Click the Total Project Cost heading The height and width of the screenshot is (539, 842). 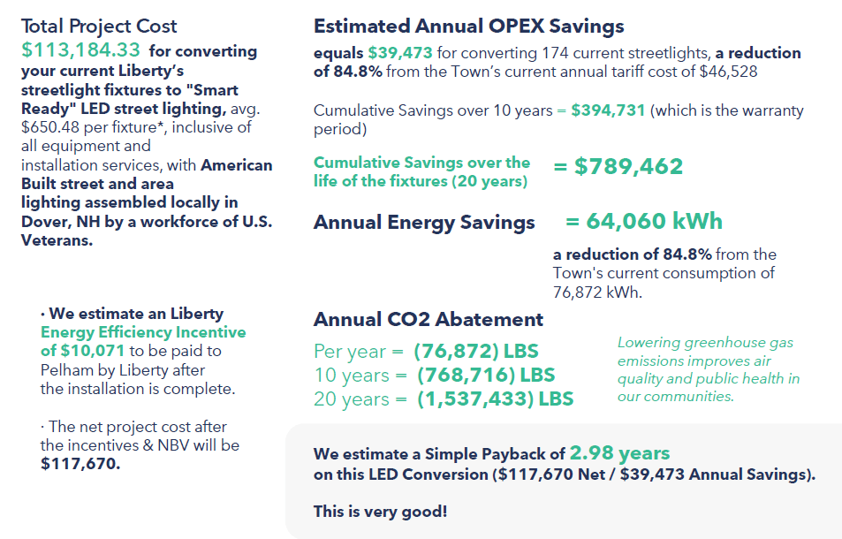point(99,27)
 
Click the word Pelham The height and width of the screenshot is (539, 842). point(66,370)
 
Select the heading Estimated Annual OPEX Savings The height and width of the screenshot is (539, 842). point(468,27)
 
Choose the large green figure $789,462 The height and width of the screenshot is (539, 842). point(628,167)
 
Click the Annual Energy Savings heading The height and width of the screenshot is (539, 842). point(423,223)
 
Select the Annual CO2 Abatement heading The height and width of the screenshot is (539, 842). point(429,319)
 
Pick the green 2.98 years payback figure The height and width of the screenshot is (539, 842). point(619,454)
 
